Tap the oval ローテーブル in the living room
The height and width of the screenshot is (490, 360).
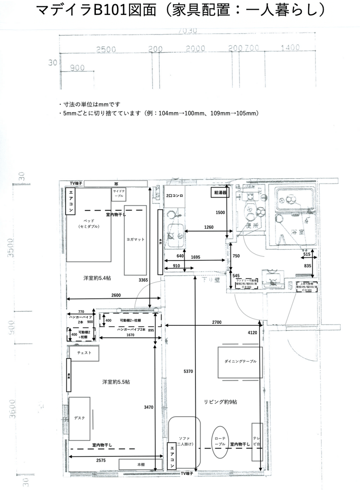(220, 443)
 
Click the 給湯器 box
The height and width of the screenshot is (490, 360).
(220, 192)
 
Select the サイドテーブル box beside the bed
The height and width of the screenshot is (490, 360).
(118, 194)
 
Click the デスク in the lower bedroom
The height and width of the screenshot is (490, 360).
(80, 418)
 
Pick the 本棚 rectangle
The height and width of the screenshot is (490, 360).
(140, 464)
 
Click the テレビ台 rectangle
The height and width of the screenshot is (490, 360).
(257, 441)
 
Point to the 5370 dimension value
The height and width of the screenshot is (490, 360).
(189, 371)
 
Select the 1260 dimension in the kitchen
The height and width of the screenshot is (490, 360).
(209, 227)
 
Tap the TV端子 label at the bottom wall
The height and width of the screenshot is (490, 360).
(187, 473)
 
